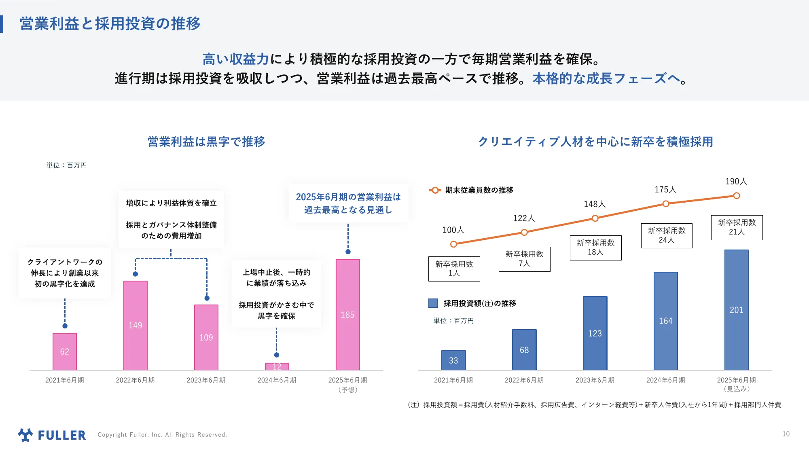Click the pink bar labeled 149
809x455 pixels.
pos(135,325)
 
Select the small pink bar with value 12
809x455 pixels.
pos(277,366)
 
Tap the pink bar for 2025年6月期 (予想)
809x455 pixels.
pos(347,314)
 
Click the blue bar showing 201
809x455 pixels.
pos(736,310)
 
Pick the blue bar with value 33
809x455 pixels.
pos(453,360)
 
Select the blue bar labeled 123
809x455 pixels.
pos(595,333)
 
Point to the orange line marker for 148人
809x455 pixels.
pos(595,218)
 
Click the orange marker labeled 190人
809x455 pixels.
pos(736,196)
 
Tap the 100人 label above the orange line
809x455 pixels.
pos(453,230)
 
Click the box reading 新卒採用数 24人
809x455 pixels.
pos(666,235)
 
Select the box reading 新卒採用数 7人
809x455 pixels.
pos(524,259)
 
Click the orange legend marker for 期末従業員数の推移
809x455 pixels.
pos(435,190)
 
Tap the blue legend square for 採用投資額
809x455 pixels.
pos(433,303)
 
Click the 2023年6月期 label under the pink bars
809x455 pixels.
pos(206,380)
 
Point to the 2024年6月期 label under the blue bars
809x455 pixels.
pos(665,380)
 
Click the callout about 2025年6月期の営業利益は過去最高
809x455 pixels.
pos(348,203)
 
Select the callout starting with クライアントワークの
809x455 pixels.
pos(65,273)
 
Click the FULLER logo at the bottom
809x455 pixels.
pos(52,435)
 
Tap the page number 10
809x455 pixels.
pos(786,434)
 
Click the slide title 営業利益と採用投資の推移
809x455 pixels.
pos(110,23)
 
